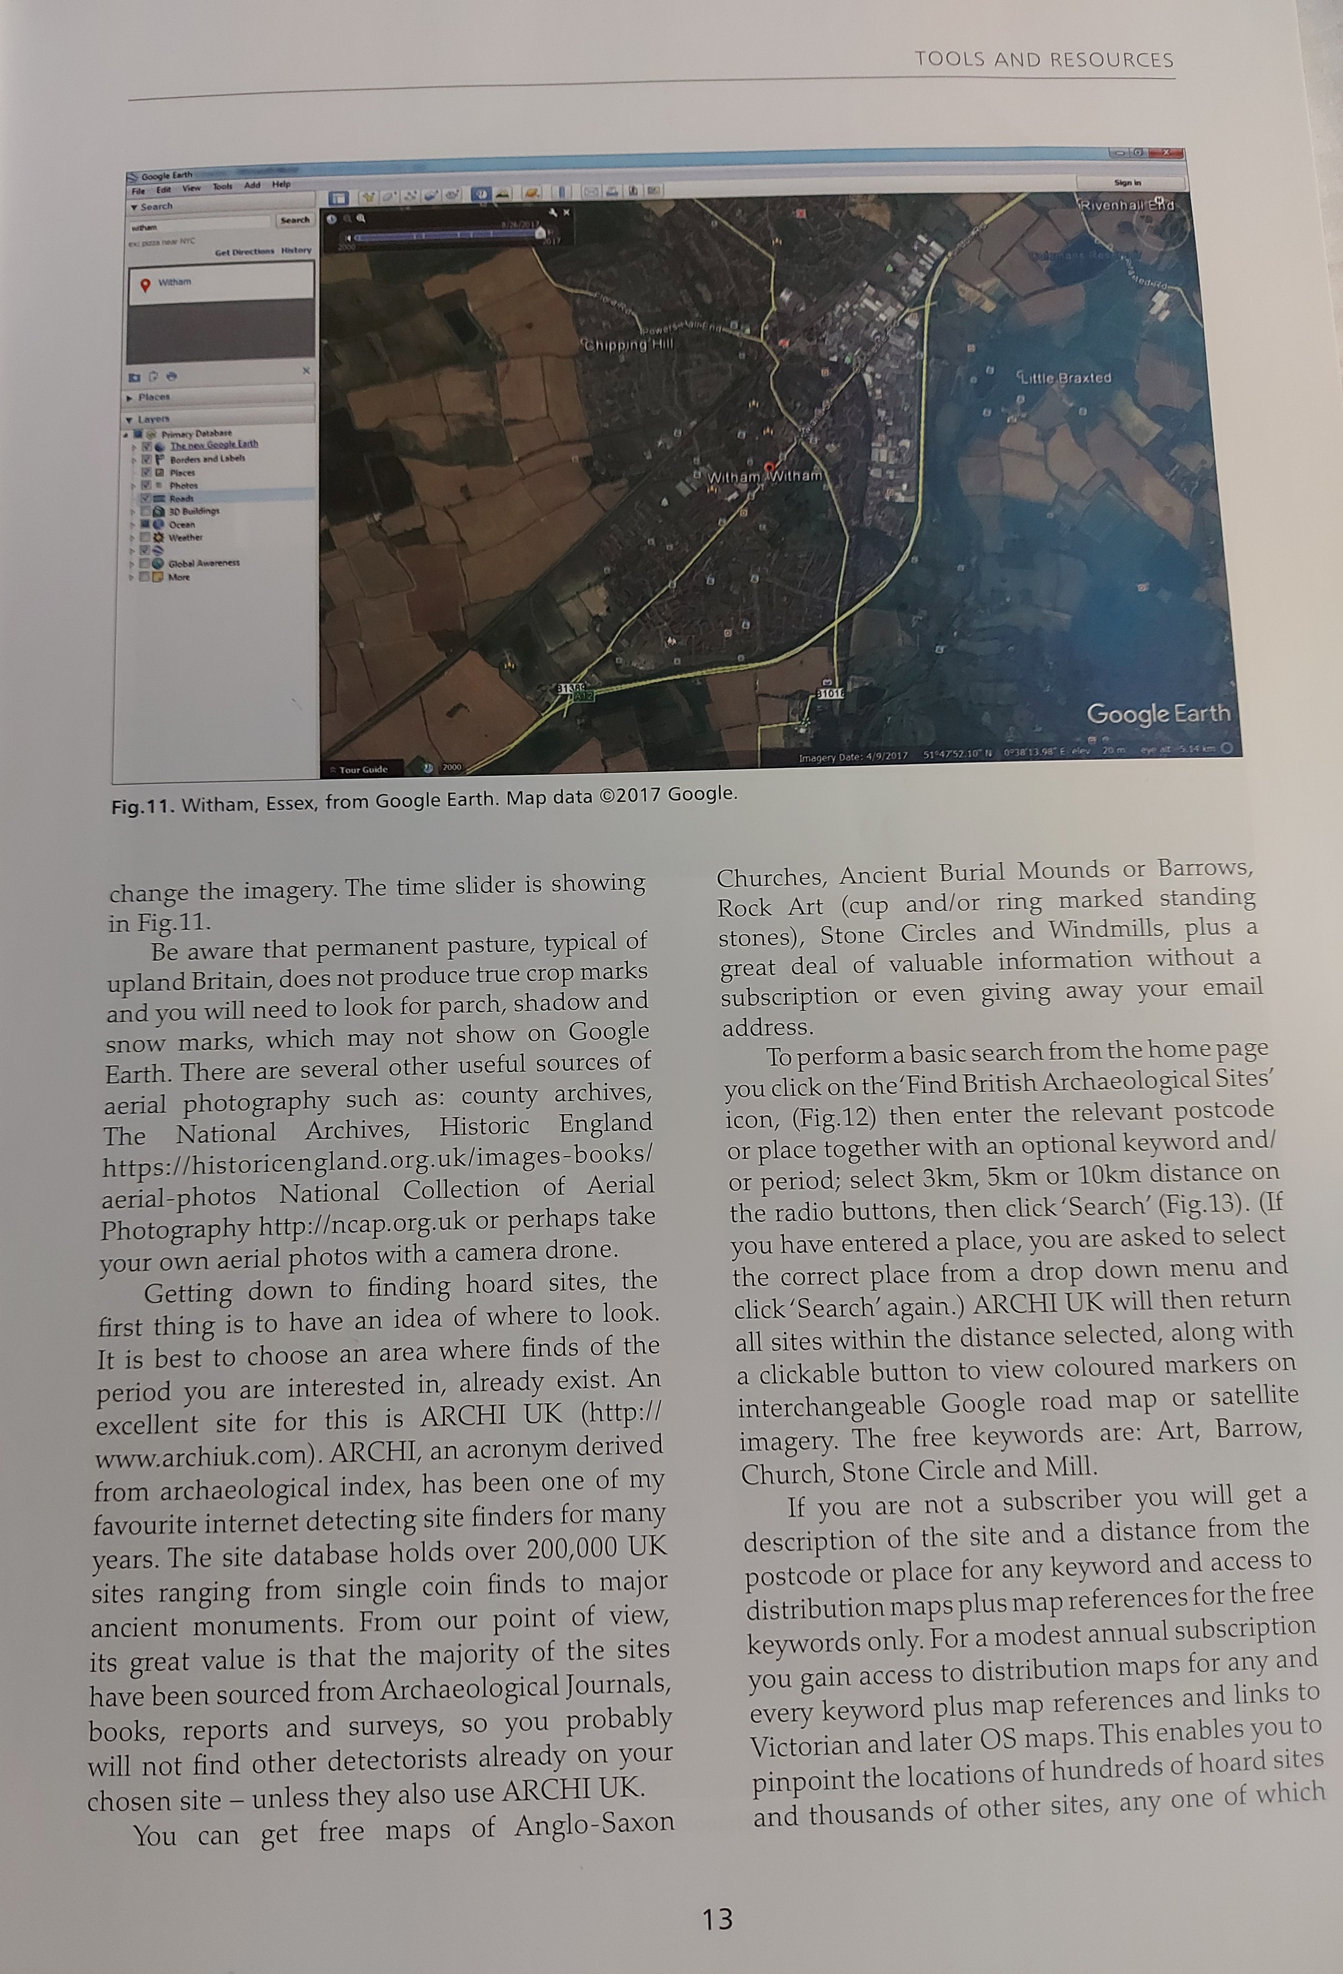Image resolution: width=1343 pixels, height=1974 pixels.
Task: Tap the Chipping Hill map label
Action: point(627,344)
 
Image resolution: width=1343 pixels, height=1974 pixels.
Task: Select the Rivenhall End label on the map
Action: point(1126,205)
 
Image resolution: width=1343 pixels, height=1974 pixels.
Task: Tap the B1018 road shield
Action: point(829,693)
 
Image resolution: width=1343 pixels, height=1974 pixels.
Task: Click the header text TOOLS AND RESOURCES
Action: point(1043,59)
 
